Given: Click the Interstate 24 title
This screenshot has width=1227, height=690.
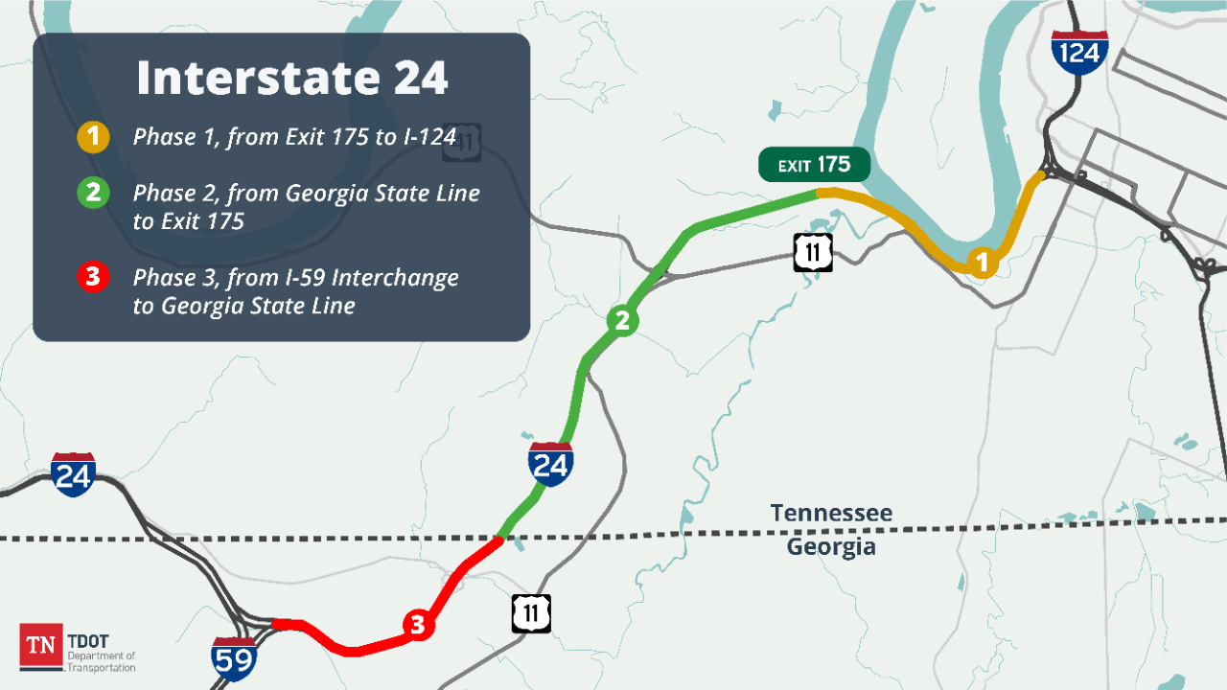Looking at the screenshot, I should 291,78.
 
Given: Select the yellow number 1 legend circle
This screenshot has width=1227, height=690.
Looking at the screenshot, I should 93,137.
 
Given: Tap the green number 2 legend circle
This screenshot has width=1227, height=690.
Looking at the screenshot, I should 93,193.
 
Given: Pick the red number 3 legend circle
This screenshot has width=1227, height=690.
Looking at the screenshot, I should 93,278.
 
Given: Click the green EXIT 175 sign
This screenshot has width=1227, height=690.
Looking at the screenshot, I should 814,165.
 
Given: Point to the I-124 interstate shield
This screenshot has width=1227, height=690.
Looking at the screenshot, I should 1079,52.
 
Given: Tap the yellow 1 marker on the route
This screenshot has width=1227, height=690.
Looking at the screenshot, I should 981,261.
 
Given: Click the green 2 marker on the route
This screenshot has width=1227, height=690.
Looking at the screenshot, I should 622,321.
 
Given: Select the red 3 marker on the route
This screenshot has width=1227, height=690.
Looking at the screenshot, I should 417,625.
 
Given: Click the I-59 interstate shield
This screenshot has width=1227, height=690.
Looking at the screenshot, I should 234,658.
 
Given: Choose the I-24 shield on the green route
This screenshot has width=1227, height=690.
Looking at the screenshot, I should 550,464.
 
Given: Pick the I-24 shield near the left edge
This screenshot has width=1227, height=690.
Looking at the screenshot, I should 74,474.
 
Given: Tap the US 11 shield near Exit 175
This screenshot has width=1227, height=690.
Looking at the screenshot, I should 813,252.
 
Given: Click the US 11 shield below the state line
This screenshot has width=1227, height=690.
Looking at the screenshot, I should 531,613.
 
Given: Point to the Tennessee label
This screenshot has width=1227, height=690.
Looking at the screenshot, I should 831,513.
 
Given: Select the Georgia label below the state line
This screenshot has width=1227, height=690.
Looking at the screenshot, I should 831,547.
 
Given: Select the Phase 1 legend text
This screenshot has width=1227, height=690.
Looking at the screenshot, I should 294,137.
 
